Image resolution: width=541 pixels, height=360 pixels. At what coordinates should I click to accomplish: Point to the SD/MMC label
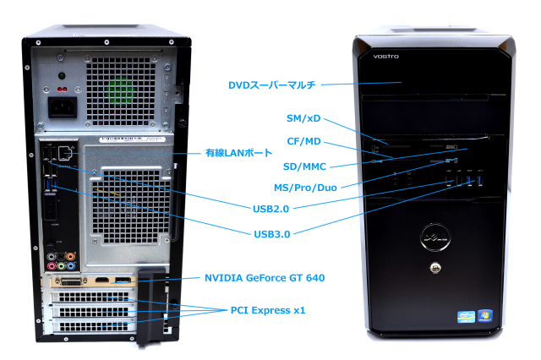click(x=305, y=166)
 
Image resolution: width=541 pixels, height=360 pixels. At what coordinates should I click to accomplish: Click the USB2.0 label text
click(x=274, y=206)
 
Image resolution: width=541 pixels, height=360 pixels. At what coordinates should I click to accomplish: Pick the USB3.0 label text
click(x=274, y=233)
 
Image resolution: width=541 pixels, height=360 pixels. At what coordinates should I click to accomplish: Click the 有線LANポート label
click(x=239, y=154)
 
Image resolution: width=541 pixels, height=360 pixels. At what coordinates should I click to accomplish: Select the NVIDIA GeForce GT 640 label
click(x=265, y=277)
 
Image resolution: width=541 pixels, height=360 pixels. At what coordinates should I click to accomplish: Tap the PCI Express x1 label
click(x=267, y=310)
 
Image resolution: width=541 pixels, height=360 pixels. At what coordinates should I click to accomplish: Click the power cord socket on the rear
click(x=63, y=106)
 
